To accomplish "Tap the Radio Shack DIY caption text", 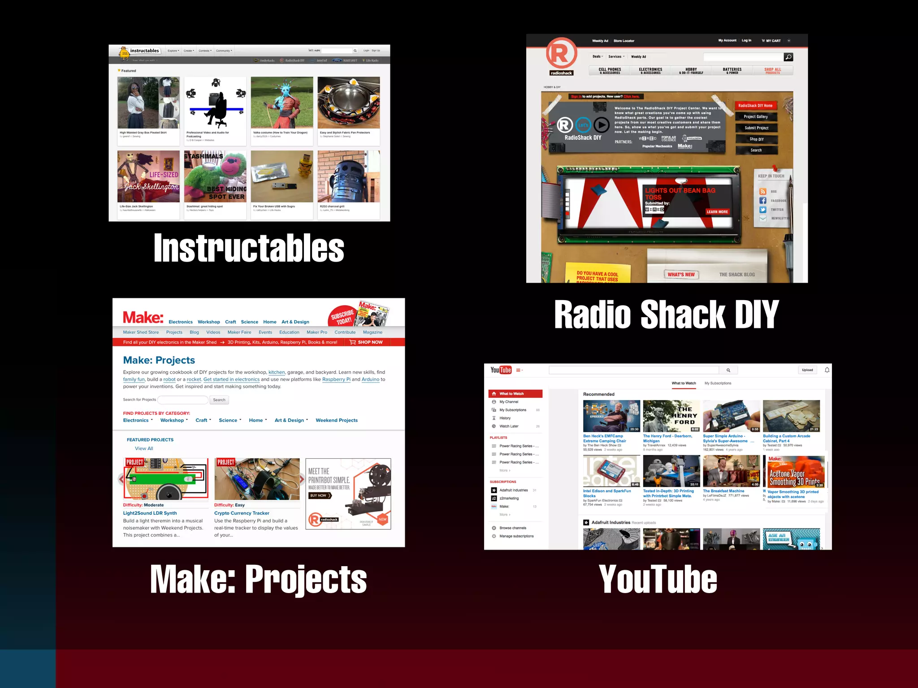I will [x=667, y=314].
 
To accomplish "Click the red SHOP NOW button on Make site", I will [x=366, y=342].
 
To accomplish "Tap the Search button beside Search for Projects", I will [x=219, y=400].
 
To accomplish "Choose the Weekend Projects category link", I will [x=336, y=420].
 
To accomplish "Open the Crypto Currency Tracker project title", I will [x=242, y=513].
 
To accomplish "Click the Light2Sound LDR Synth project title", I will [x=150, y=513].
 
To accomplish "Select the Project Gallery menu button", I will [x=756, y=117].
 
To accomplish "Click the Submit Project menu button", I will [x=756, y=128].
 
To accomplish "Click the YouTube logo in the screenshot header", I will [x=501, y=370].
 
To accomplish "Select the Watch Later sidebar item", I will [x=509, y=426].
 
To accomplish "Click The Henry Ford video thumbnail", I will [x=671, y=416].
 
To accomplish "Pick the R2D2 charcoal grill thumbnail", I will [x=348, y=176].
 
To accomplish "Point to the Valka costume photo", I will [x=282, y=103].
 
